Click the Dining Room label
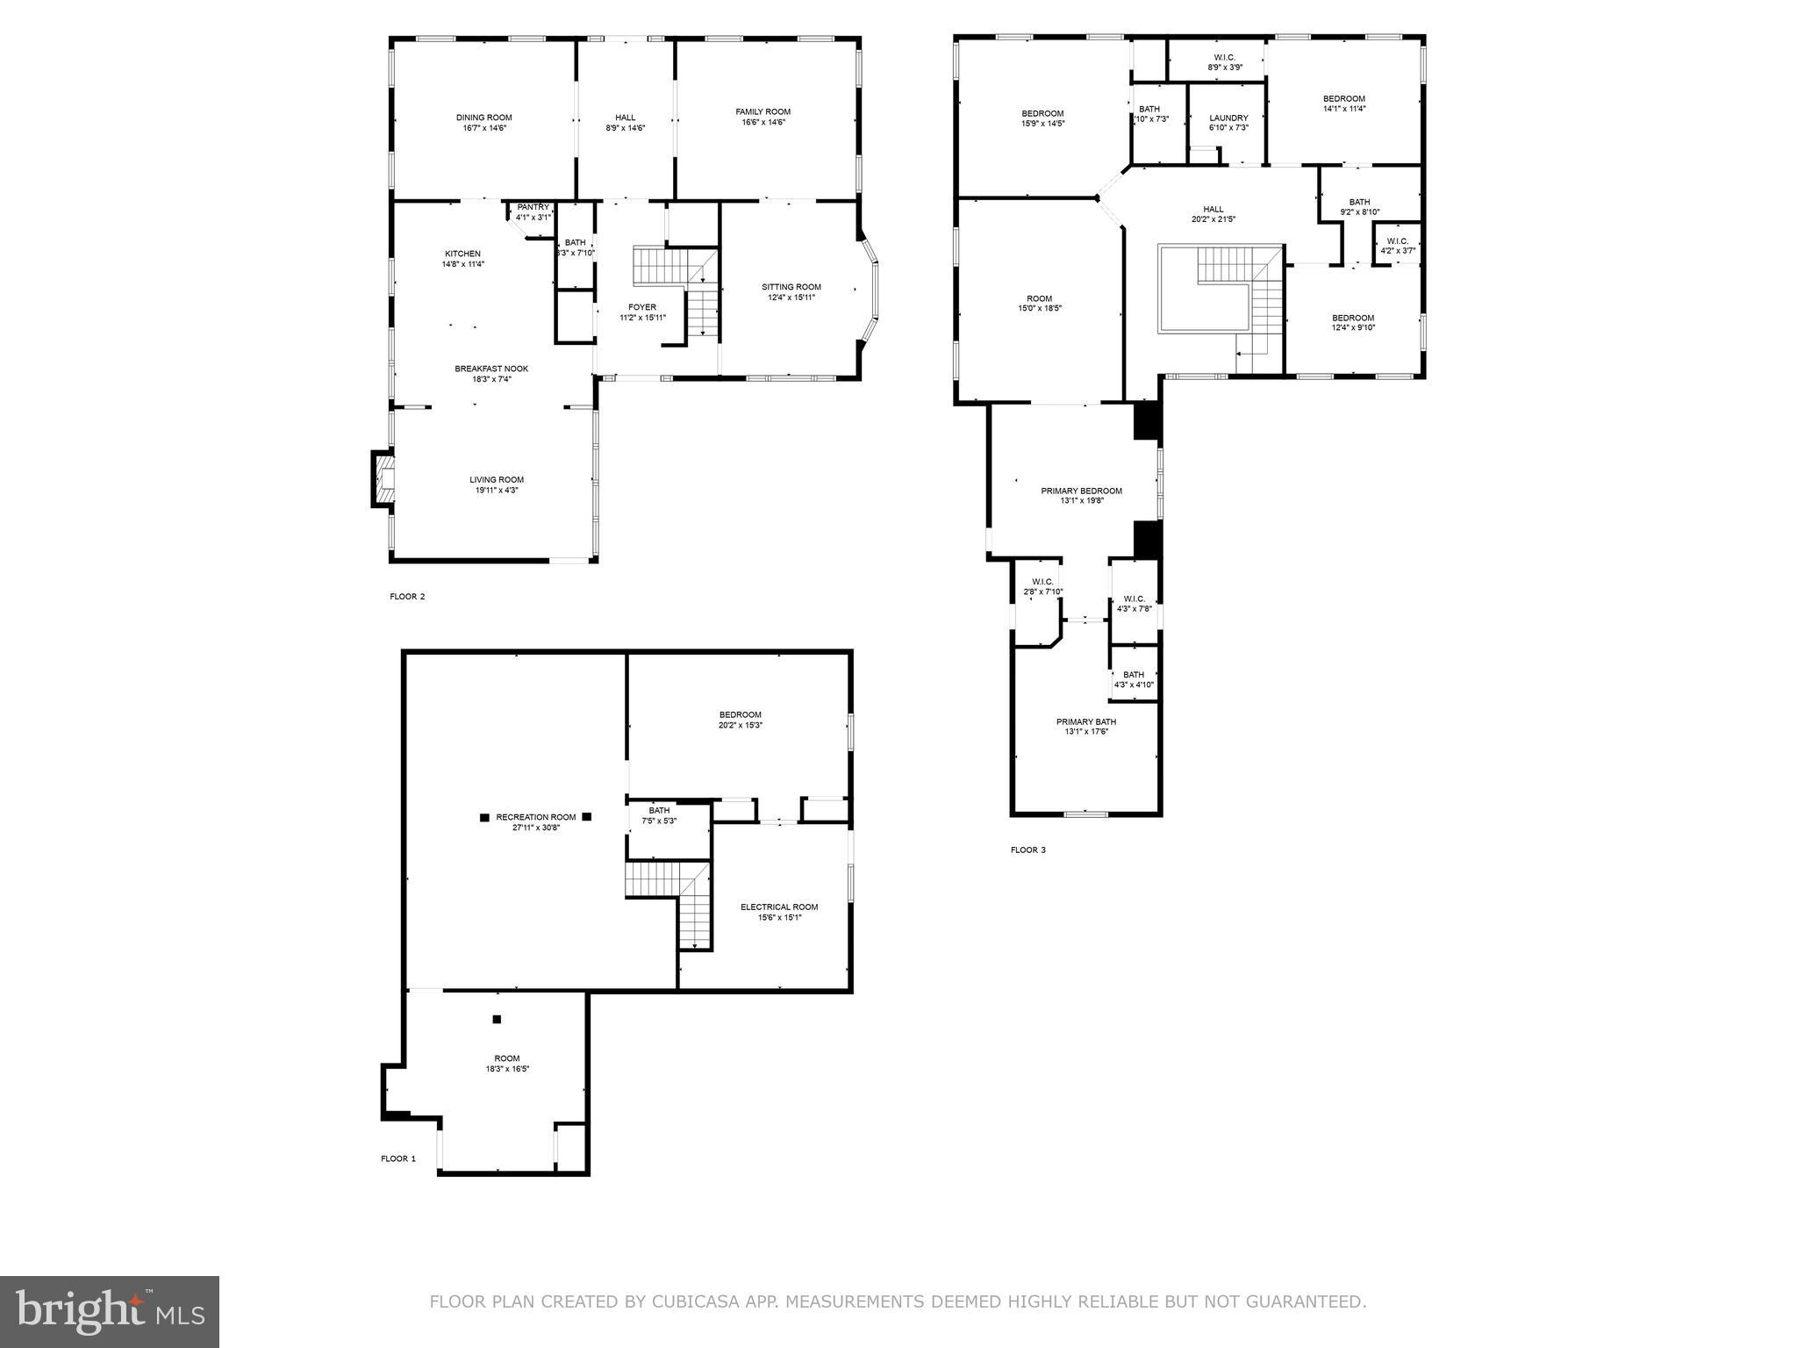483,118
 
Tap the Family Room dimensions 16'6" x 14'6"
762,122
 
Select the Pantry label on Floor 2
533,207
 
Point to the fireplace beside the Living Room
383,479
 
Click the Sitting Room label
791,287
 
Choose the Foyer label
642,307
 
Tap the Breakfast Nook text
491,369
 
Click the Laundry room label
1228,118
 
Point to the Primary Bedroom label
1081,491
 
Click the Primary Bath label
1086,721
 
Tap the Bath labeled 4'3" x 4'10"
1134,679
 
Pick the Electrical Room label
779,907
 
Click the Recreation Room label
535,817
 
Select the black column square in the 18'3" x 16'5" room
497,1019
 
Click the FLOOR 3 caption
1027,850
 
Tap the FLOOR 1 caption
397,1158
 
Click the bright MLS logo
110,1311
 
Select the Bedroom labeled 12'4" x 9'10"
1353,322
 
